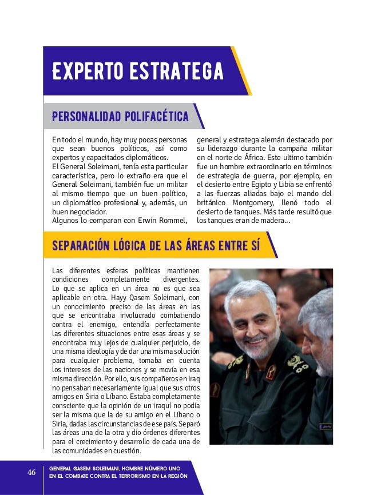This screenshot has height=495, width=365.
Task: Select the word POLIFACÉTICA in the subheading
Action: coord(153,117)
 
